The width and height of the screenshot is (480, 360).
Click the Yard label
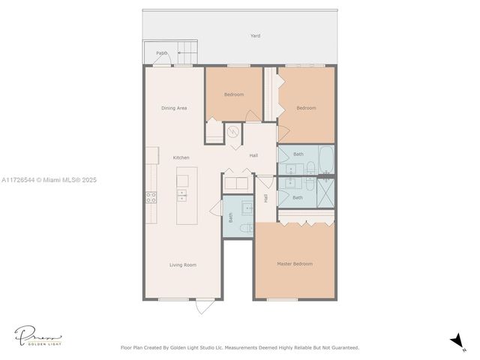point(255,36)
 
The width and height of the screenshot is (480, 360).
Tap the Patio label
point(161,53)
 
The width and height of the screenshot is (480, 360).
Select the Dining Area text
point(174,108)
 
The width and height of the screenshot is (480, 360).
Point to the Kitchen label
point(181,157)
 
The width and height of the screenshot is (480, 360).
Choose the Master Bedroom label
point(294,264)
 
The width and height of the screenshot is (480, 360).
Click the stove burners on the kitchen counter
point(151,198)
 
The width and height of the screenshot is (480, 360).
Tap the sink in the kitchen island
point(182,196)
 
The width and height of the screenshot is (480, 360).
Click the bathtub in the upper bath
point(325,158)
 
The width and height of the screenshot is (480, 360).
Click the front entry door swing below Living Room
point(205,306)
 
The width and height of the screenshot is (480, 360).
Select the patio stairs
point(187,54)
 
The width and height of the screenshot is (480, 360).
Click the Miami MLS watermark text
point(49,180)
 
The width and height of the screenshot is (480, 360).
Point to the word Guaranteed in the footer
point(343,347)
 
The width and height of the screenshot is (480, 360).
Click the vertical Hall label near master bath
point(265,198)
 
